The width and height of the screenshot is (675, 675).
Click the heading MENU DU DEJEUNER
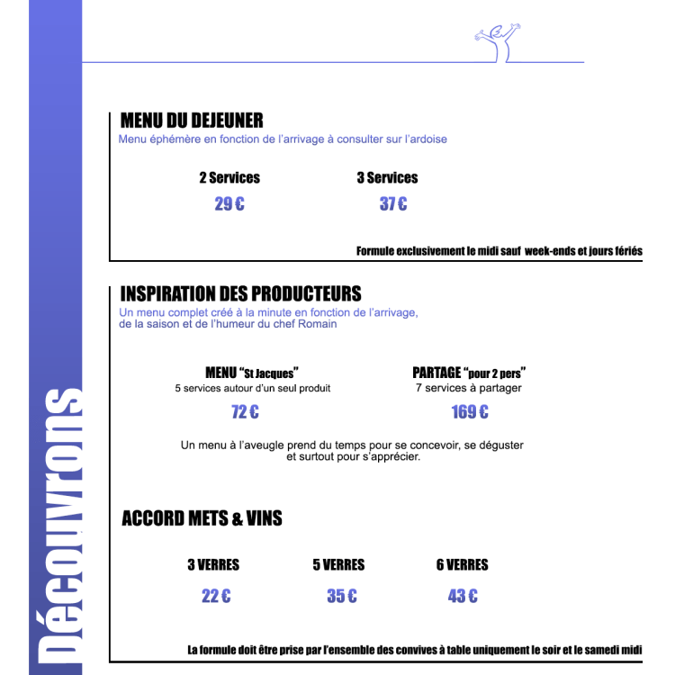pos(192,121)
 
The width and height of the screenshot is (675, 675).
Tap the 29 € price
pos(229,204)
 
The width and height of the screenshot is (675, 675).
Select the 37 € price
pos(393,204)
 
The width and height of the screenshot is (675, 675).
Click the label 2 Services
pos(229,178)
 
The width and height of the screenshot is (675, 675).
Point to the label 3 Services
pos(387,178)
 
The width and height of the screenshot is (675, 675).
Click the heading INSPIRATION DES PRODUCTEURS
pos(240,294)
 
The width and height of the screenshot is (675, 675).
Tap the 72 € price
pos(245,412)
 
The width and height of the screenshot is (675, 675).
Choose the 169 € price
pos(470,412)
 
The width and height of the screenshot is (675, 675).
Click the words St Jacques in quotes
pos(269,373)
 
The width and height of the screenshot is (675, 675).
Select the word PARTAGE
pos(436,373)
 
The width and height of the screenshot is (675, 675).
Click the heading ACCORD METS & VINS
pos(202,518)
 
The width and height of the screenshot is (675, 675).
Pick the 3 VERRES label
pos(213,565)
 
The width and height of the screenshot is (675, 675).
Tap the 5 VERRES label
pos(338,565)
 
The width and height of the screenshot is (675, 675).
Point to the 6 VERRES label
pos(462,565)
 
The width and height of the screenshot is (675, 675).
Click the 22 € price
pos(216,596)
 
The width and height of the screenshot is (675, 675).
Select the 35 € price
pos(341,596)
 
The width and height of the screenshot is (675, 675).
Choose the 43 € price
pos(463,596)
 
